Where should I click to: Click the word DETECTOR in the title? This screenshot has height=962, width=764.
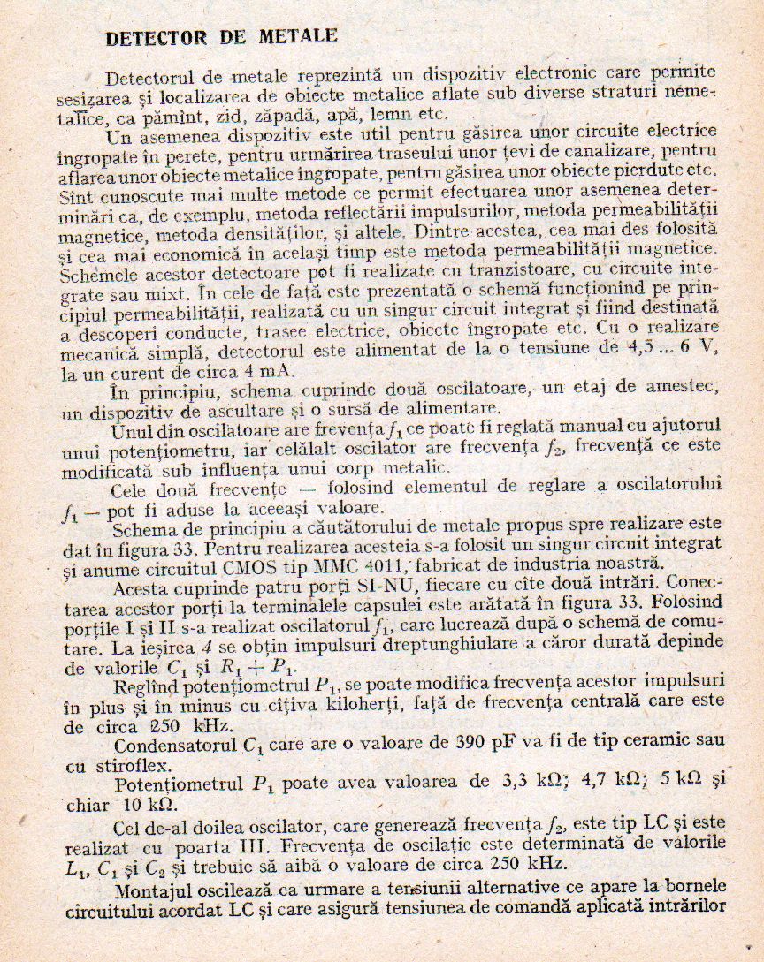click(x=156, y=37)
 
